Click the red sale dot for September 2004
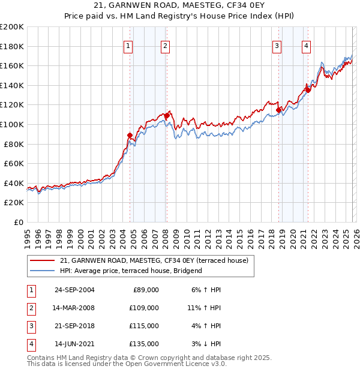[x=130, y=136]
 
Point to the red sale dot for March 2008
[x=167, y=115]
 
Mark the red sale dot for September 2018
[x=278, y=110]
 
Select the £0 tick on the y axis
[x=18, y=222]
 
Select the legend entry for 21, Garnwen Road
[x=158, y=260]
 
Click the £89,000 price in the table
[x=144, y=290]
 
